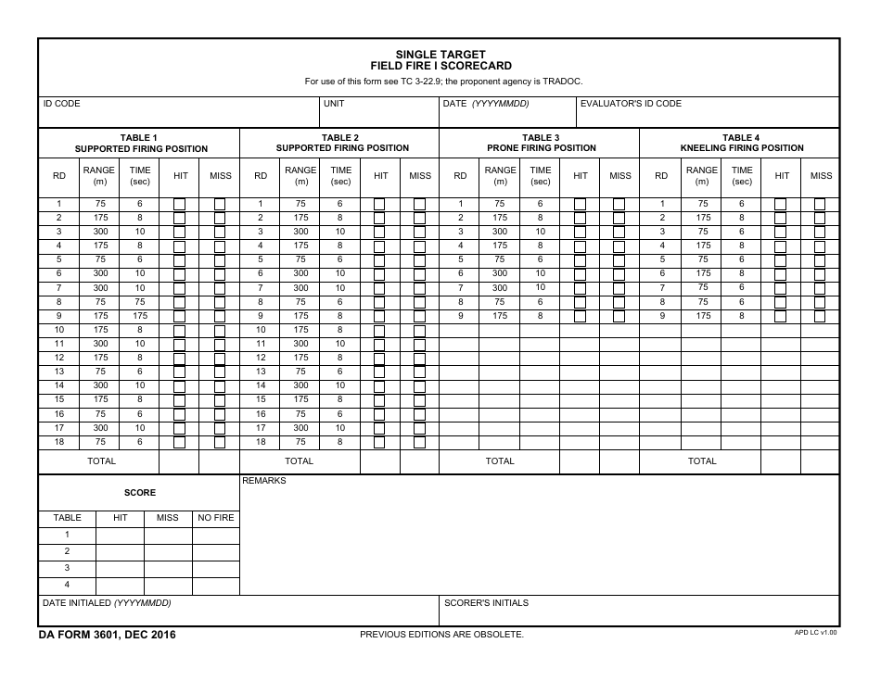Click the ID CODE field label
point(62,104)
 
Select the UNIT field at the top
point(379,113)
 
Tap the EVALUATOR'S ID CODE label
point(631,104)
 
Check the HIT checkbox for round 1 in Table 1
point(180,204)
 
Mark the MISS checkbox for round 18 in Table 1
point(220,443)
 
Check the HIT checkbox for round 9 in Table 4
point(780,316)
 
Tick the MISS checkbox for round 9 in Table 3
point(619,316)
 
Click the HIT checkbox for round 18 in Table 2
point(379,443)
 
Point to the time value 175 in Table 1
point(140,316)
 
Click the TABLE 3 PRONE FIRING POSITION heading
point(541,143)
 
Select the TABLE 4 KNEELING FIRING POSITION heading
point(741,143)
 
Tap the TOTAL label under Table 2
point(299,460)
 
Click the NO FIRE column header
point(216,518)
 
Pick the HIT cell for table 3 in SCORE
point(120,568)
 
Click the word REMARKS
point(264,481)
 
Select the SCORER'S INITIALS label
point(486,603)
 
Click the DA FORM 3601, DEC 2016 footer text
point(108,635)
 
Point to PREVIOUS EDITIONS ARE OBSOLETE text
point(441,635)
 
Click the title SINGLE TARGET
point(440,55)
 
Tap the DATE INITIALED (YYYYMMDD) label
point(107,603)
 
